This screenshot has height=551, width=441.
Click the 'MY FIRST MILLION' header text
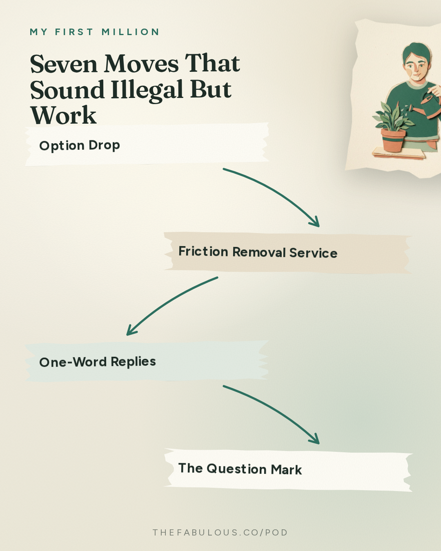pos(94,32)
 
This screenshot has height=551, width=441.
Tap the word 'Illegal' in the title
pos(147,90)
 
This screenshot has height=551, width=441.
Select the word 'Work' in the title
pos(63,115)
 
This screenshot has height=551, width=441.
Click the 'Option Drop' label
pos(80,146)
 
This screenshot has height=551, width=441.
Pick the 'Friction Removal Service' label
pos(258,252)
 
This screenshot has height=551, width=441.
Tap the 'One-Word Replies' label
pos(97,362)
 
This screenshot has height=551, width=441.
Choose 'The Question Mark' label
pos(240,469)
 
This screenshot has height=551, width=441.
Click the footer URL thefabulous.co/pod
pos(220,533)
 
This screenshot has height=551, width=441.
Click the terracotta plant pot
pos(393,140)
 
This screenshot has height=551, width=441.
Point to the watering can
pos(428,105)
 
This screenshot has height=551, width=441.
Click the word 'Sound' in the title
pos(67,90)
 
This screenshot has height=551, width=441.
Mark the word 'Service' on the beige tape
pos(313,253)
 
